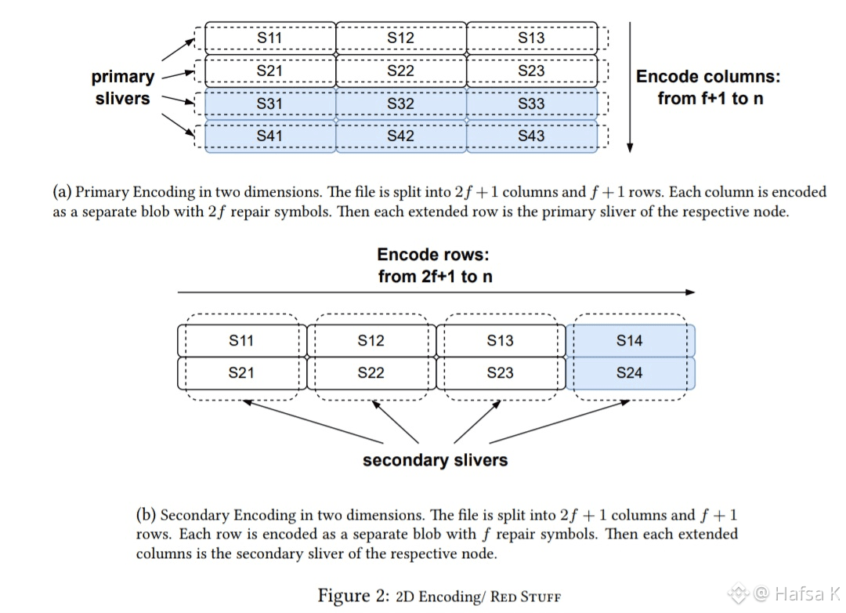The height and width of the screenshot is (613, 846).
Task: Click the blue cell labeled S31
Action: point(269,103)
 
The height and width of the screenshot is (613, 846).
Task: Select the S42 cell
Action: point(400,136)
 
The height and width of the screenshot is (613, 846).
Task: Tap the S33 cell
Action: point(531,103)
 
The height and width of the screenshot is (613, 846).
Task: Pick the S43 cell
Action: point(531,136)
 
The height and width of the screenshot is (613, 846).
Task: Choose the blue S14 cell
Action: point(629,340)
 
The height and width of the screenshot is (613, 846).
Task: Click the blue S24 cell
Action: point(629,373)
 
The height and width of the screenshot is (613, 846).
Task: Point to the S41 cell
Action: point(269,136)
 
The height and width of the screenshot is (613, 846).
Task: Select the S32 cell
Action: point(400,103)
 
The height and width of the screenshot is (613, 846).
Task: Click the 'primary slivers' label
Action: point(123,88)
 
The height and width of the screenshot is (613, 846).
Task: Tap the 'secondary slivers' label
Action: point(435,460)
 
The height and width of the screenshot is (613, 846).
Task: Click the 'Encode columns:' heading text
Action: point(708,77)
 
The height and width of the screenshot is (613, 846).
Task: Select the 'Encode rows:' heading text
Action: point(435,255)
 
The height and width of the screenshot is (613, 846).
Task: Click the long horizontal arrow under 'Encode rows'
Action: point(436,292)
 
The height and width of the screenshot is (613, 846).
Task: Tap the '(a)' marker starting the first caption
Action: point(63,192)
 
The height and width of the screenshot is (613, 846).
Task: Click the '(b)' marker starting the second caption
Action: point(146,516)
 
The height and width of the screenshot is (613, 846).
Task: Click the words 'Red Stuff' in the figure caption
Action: point(526,597)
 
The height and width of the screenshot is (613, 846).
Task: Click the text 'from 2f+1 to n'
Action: point(435,276)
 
